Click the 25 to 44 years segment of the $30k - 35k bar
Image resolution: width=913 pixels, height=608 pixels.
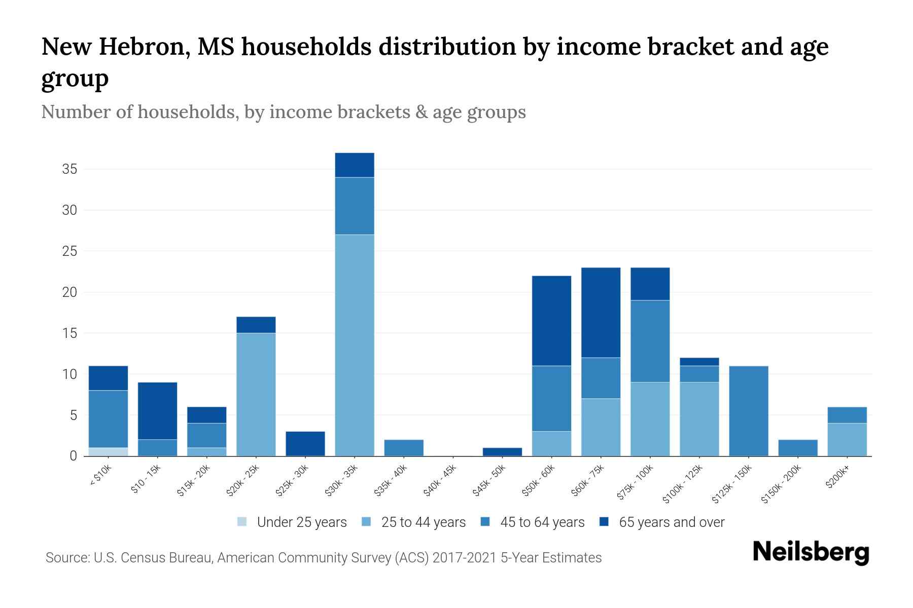coord(355,345)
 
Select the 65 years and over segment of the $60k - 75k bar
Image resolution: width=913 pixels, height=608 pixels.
coord(601,313)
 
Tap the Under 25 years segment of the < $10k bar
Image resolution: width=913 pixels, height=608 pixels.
coord(108,452)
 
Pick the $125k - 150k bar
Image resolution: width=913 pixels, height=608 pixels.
coord(748,411)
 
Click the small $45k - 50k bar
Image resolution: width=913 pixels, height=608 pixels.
coord(502,452)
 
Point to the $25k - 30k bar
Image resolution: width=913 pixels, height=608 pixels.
coord(305,444)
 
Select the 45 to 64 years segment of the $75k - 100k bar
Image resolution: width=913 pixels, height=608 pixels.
coord(650,341)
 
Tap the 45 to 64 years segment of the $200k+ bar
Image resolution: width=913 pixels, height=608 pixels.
coord(847,415)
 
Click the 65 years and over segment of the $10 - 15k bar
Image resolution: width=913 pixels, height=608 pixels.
coord(157,411)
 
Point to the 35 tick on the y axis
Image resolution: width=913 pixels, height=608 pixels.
coord(69,169)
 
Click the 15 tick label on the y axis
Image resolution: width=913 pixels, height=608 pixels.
coord(69,333)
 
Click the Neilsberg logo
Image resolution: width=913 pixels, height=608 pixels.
coord(811,552)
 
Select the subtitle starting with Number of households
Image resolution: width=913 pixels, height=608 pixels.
coord(283,112)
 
